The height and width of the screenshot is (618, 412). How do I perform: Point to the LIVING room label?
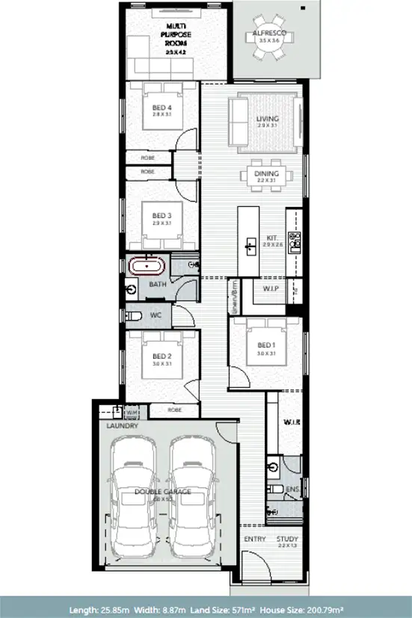click(x=267, y=118)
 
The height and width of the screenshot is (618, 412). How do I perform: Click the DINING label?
click(x=266, y=173)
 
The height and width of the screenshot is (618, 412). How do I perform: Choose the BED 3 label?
click(x=157, y=215)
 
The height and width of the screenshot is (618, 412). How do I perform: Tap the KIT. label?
click(x=273, y=238)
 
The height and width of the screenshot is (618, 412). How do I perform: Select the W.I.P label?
click(x=271, y=288)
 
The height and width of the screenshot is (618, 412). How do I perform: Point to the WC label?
click(x=156, y=316)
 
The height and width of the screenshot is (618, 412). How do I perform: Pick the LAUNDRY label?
click(x=122, y=426)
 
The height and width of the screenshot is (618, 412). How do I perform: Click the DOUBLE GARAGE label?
click(x=163, y=491)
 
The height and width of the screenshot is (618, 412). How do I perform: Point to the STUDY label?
click(x=287, y=538)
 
